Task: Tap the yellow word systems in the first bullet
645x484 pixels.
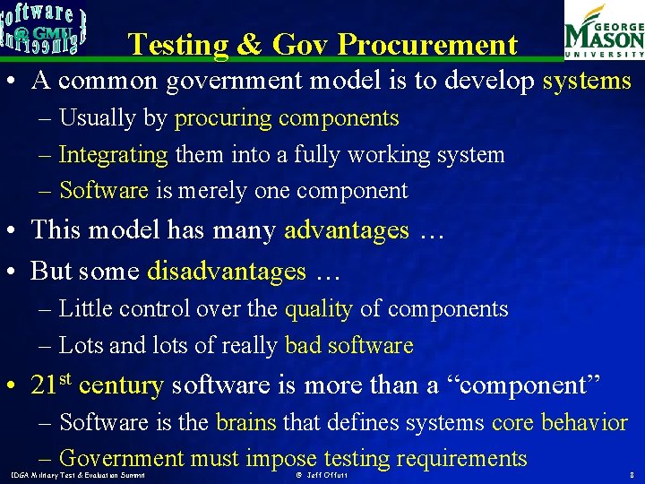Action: click(587, 81)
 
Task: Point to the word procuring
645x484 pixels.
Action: click(222, 118)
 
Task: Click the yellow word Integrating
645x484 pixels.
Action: click(113, 154)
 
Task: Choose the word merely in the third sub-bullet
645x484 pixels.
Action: click(213, 191)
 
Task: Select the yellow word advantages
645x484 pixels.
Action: click(346, 230)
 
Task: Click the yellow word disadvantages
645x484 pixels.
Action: click(227, 271)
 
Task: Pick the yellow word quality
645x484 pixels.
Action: click(318, 309)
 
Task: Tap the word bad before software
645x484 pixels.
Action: click(301, 346)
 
